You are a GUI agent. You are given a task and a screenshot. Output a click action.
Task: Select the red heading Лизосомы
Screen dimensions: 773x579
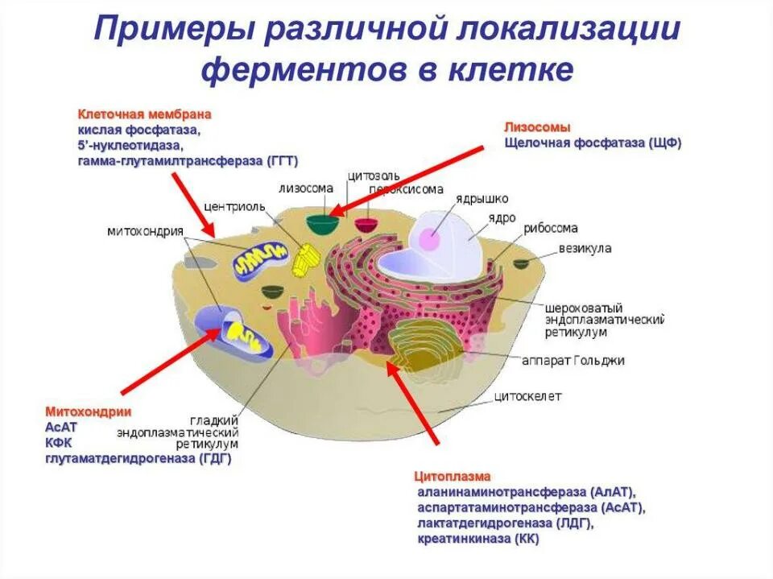click(x=537, y=127)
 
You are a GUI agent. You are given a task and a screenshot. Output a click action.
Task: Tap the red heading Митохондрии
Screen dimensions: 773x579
click(x=88, y=412)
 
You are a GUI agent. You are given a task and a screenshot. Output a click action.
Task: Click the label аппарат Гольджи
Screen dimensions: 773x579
click(x=585, y=360)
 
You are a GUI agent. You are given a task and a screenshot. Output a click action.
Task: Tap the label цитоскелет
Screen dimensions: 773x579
click(x=527, y=396)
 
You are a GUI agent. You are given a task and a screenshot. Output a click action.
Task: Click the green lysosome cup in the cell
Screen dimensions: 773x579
click(x=322, y=222)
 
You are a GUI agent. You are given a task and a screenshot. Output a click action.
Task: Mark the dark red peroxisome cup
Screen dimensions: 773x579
click(x=366, y=225)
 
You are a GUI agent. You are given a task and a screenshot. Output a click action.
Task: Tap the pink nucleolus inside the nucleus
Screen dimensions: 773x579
click(x=430, y=238)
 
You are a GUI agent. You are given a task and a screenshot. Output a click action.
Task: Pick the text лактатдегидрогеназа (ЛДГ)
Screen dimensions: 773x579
click(x=505, y=523)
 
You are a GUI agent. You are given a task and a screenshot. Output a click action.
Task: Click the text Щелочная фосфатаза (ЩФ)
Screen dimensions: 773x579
click(x=593, y=143)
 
